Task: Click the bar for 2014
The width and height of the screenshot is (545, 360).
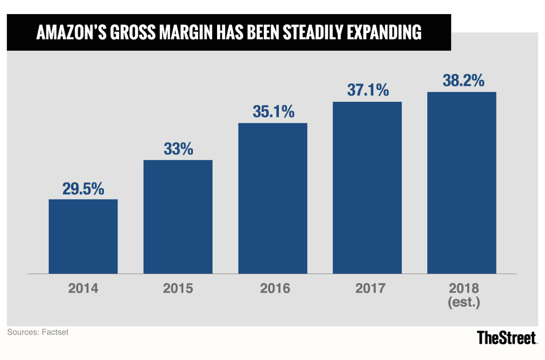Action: [83, 236]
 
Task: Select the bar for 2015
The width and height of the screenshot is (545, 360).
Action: [178, 217]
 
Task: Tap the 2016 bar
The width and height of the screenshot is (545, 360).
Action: [272, 198]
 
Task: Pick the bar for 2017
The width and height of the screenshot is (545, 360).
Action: [367, 187]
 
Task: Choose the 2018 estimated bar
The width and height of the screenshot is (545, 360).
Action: [461, 183]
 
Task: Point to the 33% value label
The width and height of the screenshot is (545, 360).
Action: [178, 149]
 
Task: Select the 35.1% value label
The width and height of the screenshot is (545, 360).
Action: [272, 112]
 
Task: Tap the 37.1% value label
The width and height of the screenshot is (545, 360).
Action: [367, 90]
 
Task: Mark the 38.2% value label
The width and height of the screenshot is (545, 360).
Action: [461, 80]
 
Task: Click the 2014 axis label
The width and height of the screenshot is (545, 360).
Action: [83, 289]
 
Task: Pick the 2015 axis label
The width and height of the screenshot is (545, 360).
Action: [178, 289]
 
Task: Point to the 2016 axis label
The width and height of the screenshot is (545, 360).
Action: [272, 289]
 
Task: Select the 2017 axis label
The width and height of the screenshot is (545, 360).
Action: [367, 289]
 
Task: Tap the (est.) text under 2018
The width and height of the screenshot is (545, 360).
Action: [461, 302]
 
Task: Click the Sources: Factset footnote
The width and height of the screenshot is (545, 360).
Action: [38, 332]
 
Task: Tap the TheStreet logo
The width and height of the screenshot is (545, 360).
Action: [507, 338]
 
